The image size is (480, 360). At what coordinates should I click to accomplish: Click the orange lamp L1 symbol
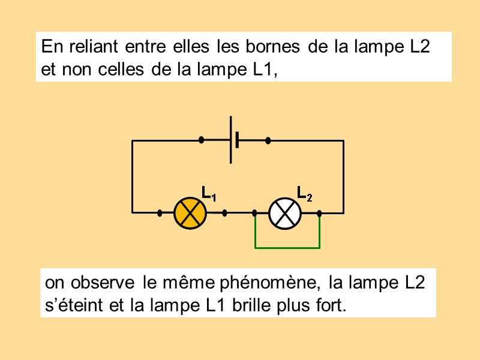point(190,212)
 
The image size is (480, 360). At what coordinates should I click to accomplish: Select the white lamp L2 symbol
point(285,212)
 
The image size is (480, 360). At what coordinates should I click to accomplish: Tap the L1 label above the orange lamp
point(208,193)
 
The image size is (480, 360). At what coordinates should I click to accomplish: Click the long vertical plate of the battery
point(231,140)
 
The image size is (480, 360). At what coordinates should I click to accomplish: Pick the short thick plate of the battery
point(238,140)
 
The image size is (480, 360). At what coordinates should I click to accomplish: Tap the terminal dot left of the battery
point(202,140)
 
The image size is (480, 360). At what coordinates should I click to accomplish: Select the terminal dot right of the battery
point(268,140)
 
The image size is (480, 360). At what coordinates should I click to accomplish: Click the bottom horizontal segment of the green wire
point(287,247)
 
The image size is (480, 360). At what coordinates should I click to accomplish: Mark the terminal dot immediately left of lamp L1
point(160,212)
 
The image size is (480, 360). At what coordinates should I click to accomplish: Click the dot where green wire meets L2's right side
point(319,212)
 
